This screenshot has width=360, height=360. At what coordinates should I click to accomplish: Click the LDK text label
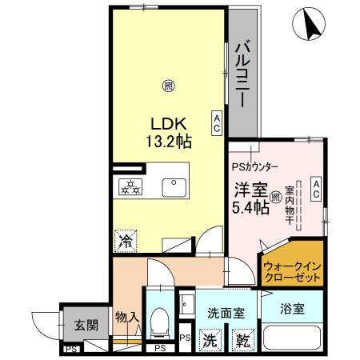click(169, 125)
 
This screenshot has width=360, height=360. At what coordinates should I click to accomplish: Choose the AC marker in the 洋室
click(316, 188)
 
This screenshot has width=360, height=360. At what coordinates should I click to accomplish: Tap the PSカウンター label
click(255, 168)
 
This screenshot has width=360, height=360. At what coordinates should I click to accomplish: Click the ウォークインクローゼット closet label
click(292, 268)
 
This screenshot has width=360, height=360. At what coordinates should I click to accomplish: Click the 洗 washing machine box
click(210, 338)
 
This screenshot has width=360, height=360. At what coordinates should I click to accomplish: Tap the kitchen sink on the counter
click(174, 187)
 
